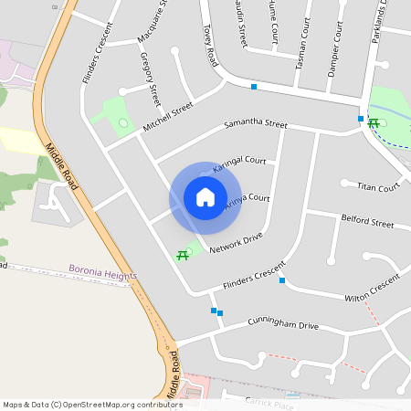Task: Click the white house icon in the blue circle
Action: pos(205,197)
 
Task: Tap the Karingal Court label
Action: pos(238,164)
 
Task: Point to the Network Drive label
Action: pos(236,243)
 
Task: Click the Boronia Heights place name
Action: pos(102,273)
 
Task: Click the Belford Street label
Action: pos(366,222)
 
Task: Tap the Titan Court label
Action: pos(378,188)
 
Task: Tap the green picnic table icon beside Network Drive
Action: pos(183,255)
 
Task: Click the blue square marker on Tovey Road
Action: pos(254,87)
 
